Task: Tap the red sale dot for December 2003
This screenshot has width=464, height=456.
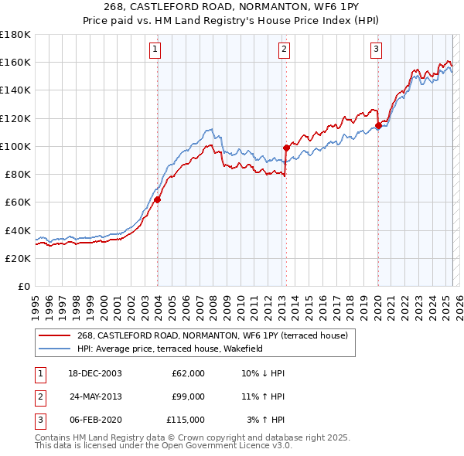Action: pos(157,199)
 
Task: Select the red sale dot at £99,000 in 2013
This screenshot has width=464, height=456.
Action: pos(286,148)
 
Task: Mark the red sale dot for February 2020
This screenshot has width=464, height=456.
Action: pos(378,125)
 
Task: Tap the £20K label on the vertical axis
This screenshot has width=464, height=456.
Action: pos(19,258)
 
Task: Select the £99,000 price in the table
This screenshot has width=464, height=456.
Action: pos(188,396)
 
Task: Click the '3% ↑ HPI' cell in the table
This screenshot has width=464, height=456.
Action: pos(266,420)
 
